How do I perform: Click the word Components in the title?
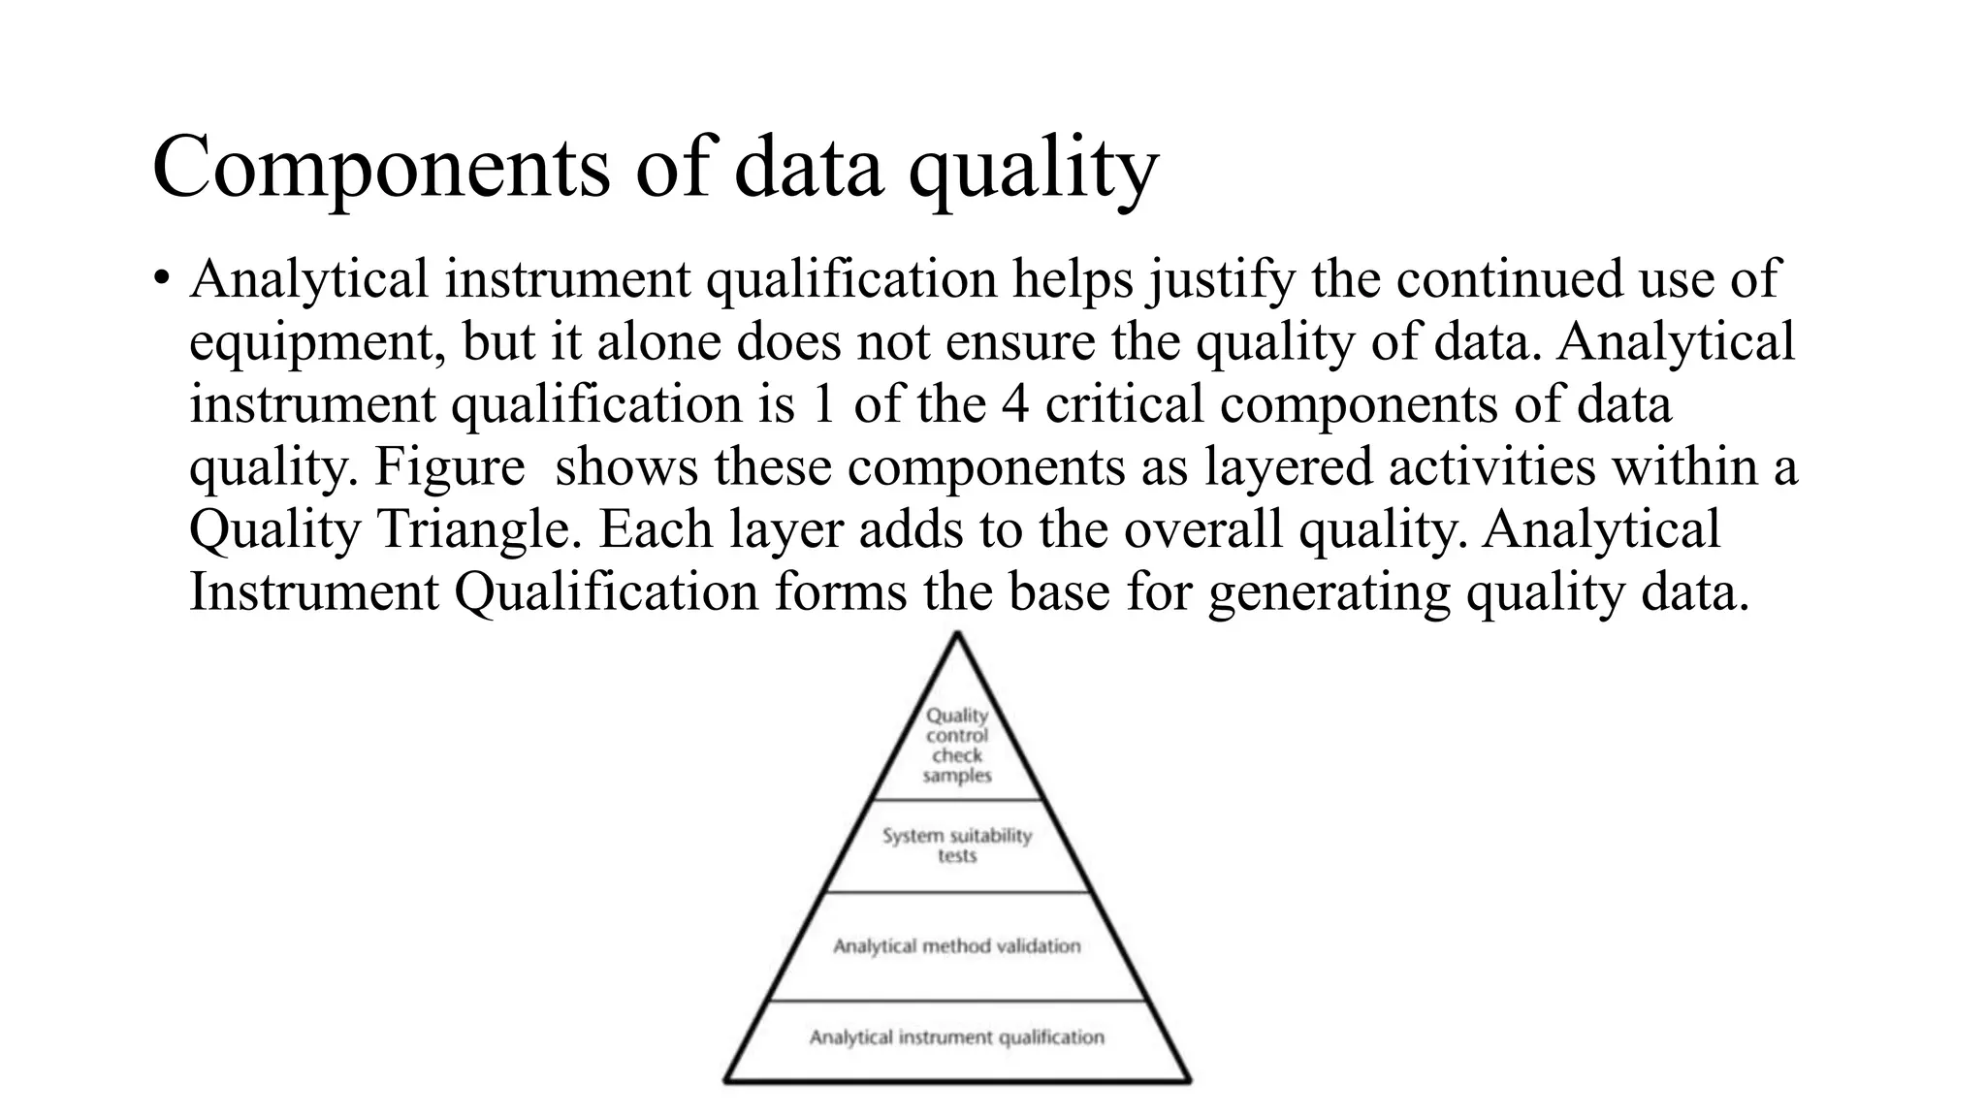point(380,168)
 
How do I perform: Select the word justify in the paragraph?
point(1222,279)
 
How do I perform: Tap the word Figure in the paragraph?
point(449,466)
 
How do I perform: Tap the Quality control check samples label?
point(957,745)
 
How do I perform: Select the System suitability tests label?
point(957,845)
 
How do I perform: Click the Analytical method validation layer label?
point(957,945)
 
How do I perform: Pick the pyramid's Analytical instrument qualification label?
point(957,1037)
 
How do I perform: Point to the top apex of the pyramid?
point(957,635)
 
